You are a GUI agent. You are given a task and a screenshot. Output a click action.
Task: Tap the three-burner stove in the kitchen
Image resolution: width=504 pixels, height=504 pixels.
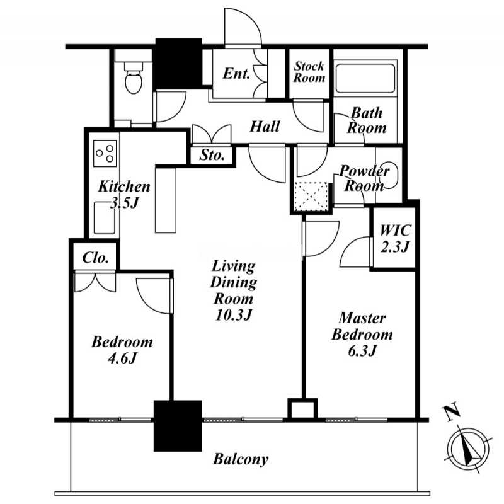pos(105,152)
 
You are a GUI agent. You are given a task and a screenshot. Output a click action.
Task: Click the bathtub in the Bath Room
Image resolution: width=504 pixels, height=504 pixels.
pos(362,78)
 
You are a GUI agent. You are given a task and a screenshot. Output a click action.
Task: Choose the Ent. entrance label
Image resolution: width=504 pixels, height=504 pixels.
pos(237,73)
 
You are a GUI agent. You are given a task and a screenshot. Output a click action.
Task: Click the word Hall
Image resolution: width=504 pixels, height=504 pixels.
pos(265,127)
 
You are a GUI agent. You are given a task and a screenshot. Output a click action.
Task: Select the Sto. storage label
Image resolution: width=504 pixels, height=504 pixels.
pos(212,155)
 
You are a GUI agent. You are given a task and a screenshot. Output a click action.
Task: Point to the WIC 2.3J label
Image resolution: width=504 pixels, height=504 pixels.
pos(394,239)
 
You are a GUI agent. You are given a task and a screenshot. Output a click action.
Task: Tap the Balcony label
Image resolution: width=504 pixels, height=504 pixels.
pos(240,459)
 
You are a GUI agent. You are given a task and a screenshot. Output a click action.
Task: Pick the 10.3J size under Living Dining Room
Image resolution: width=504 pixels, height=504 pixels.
pos(232,314)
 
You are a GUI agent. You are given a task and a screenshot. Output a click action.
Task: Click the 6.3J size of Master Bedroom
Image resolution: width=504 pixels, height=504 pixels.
pos(362,350)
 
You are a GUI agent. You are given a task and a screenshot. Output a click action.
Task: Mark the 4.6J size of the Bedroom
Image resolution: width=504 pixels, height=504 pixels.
pos(122,358)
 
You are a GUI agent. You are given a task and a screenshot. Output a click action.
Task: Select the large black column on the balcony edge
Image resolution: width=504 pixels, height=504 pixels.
pos(178,425)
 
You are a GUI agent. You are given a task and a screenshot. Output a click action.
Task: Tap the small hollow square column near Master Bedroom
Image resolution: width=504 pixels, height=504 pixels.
pos(301,408)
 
